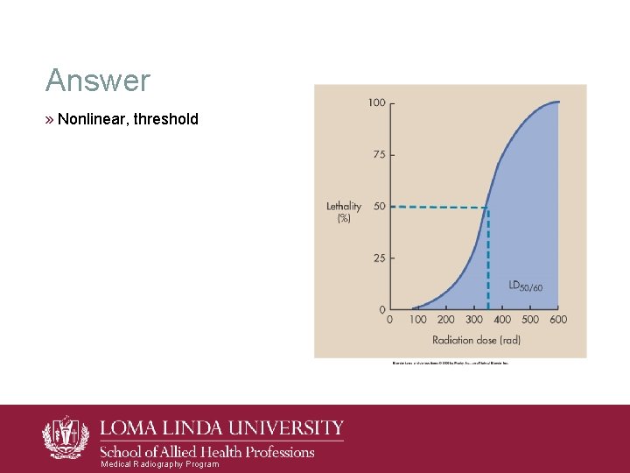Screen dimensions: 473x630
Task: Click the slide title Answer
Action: click(98, 81)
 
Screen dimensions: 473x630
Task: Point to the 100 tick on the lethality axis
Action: click(376, 102)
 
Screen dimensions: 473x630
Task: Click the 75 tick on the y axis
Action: click(379, 154)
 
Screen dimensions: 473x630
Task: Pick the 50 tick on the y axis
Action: click(379, 206)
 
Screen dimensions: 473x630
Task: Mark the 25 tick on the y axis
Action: click(379, 258)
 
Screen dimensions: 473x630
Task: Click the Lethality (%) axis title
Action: click(343, 212)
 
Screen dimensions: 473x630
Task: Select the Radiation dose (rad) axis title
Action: click(476, 340)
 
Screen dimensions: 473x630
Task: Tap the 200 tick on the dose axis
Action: click(445, 320)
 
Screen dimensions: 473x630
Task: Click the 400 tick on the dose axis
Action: click(502, 320)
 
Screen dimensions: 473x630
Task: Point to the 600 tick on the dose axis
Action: click(557, 320)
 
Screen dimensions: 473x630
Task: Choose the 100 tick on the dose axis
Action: click(417, 320)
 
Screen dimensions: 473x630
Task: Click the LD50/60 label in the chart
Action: click(525, 286)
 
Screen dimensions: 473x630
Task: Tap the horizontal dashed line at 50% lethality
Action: click(437, 207)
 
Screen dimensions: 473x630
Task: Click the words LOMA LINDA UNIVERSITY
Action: click(222, 428)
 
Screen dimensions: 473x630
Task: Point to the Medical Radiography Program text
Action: click(160, 464)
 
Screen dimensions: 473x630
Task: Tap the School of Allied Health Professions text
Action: click(206, 452)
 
